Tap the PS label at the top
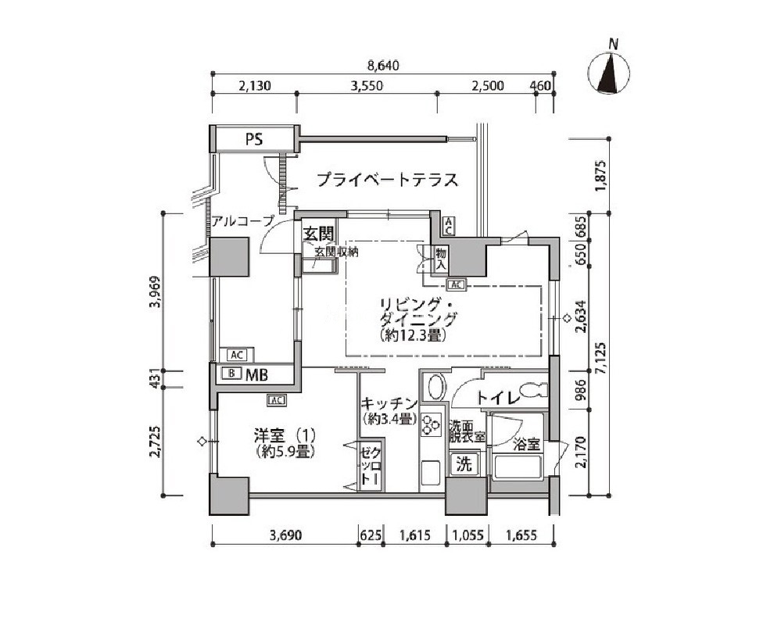253,139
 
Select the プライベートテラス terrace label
387,179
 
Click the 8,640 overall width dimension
383,66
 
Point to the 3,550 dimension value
367,86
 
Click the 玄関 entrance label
318,234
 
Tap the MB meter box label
256,374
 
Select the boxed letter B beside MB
231,373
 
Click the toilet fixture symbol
532,390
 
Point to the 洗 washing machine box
464,464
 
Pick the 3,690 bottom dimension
285,535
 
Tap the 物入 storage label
441,259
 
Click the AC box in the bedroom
276,399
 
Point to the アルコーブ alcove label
243,220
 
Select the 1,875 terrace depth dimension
601,175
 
